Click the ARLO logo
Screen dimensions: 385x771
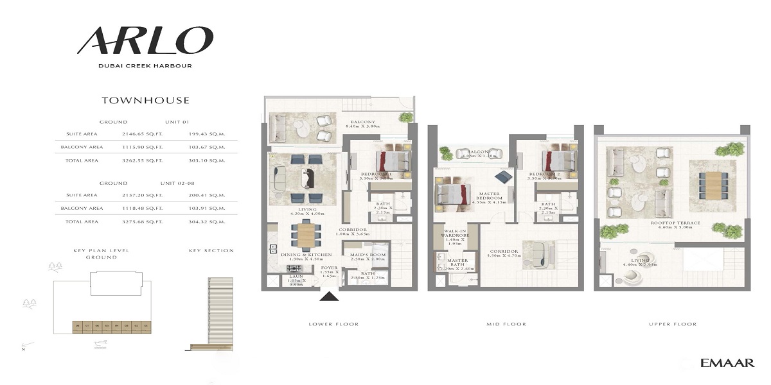pos(145,40)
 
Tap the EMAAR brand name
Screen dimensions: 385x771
pos(727,363)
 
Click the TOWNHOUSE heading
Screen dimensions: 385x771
pos(145,100)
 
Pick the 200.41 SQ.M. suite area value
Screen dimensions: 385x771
pos(207,195)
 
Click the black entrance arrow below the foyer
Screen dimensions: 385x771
pos(329,296)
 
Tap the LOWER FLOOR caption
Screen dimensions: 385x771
pos(333,325)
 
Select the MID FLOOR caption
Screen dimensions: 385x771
pos(506,325)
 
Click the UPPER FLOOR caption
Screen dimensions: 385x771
pos(673,325)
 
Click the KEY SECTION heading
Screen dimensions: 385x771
pos(211,250)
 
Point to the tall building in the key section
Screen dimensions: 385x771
pos(216,314)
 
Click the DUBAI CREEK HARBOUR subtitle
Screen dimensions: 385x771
pos(145,65)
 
